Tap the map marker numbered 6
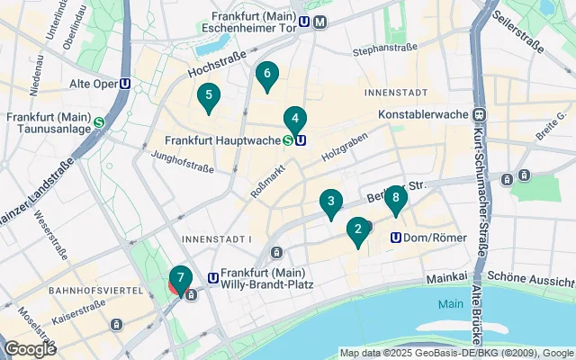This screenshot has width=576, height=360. coord(266,76)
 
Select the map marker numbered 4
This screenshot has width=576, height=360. coord(295,120)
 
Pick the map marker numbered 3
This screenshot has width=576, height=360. coord(331,203)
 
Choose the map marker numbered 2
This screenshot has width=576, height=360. coord(358,231)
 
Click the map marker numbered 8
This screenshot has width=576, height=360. coord(396,200)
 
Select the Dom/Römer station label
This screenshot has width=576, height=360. coord(424,238)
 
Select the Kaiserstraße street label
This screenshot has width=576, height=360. coord(77,319)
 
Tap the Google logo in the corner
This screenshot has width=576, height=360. coord(29,348)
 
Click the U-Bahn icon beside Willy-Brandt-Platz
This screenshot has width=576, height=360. coord(213,279)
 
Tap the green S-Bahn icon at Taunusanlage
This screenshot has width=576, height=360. coord(98,123)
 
